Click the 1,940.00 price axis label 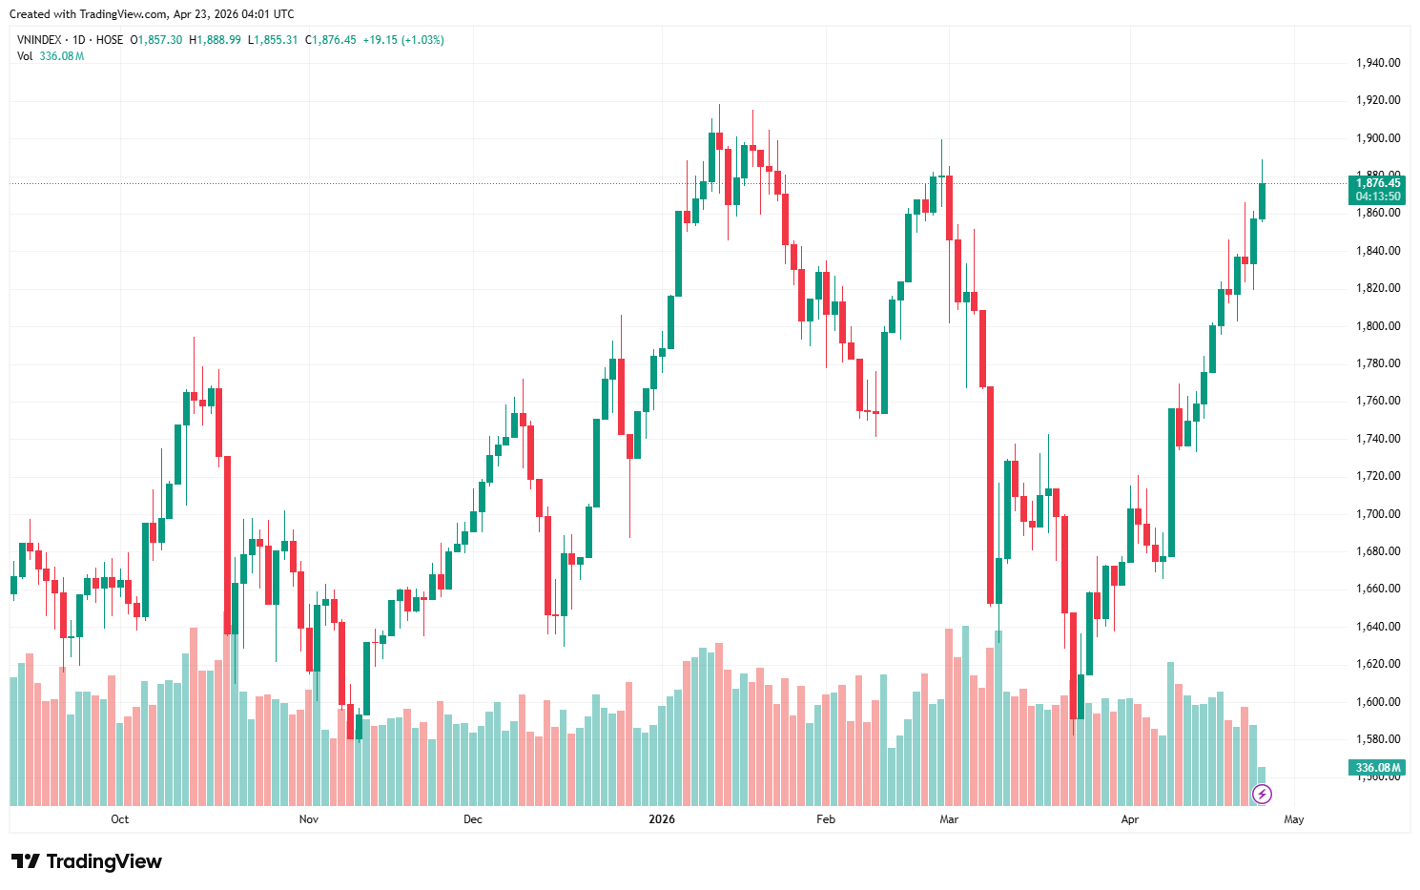1377,63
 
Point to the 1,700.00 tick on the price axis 1377,514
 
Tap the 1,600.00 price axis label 1377,702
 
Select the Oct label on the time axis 119,819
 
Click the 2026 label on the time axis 661,819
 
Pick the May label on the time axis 1293,819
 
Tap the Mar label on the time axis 948,819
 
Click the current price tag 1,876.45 1378,183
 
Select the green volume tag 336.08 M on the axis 1378,768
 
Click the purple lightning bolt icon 1262,794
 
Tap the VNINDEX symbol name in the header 39,40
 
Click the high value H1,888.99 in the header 215,40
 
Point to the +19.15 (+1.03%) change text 403,40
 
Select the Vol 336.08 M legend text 51,56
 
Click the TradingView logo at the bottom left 87,861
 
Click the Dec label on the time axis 472,819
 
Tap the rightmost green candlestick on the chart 1262,201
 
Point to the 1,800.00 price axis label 1377,326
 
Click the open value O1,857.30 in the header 156,40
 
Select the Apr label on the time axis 1129,819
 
